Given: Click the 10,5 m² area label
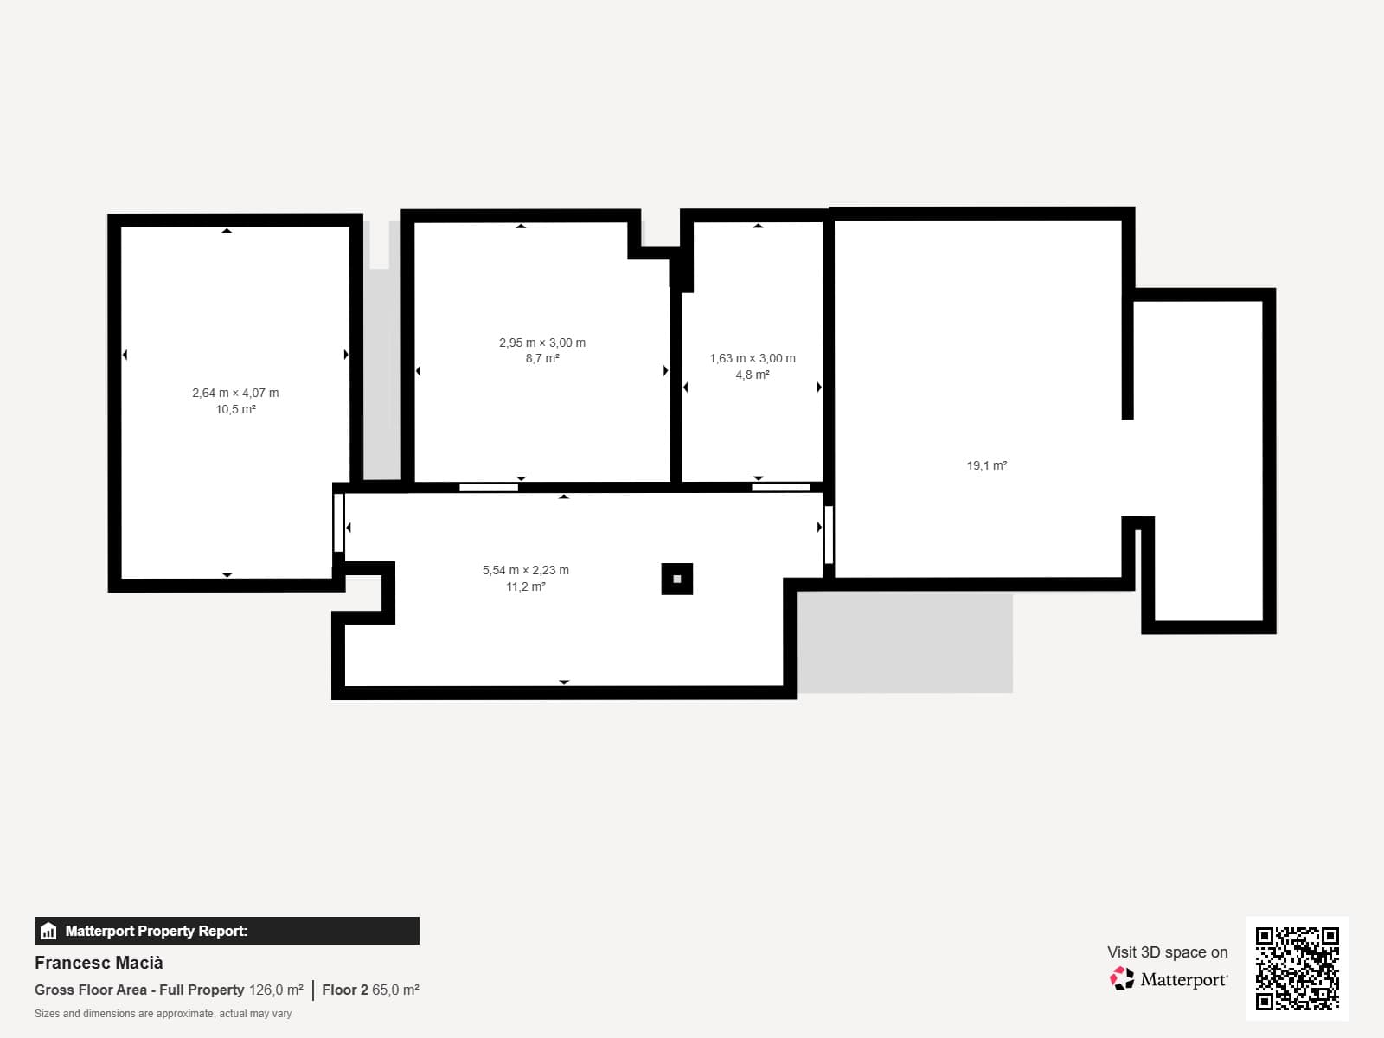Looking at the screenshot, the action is (x=235, y=410).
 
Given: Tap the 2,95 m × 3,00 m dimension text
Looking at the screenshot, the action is (x=542, y=343).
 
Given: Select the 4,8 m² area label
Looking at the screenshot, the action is (x=753, y=375).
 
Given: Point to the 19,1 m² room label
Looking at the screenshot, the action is (x=987, y=465).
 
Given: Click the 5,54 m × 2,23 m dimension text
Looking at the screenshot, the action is (x=526, y=570).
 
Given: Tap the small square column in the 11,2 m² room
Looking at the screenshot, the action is (x=677, y=580).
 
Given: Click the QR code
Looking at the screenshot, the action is (x=1297, y=969).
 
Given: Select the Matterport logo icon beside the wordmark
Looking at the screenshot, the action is (x=1122, y=979).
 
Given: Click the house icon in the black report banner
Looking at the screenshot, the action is (x=48, y=931).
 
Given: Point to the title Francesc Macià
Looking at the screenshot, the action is (x=99, y=963).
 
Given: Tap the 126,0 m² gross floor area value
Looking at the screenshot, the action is (x=276, y=990).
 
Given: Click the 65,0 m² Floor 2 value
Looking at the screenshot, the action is (x=395, y=990).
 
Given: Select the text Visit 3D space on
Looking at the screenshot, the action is (x=1168, y=952).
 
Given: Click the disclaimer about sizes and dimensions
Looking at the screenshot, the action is (x=163, y=1014).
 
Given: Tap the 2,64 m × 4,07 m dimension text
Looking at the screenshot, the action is (x=235, y=394).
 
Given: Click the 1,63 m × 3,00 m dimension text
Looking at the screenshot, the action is (x=753, y=359).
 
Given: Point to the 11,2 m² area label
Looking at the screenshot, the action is (x=526, y=586).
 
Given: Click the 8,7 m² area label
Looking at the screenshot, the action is (x=542, y=359).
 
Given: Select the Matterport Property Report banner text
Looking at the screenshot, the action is (x=157, y=931).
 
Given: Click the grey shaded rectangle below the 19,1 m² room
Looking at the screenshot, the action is (x=905, y=642).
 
